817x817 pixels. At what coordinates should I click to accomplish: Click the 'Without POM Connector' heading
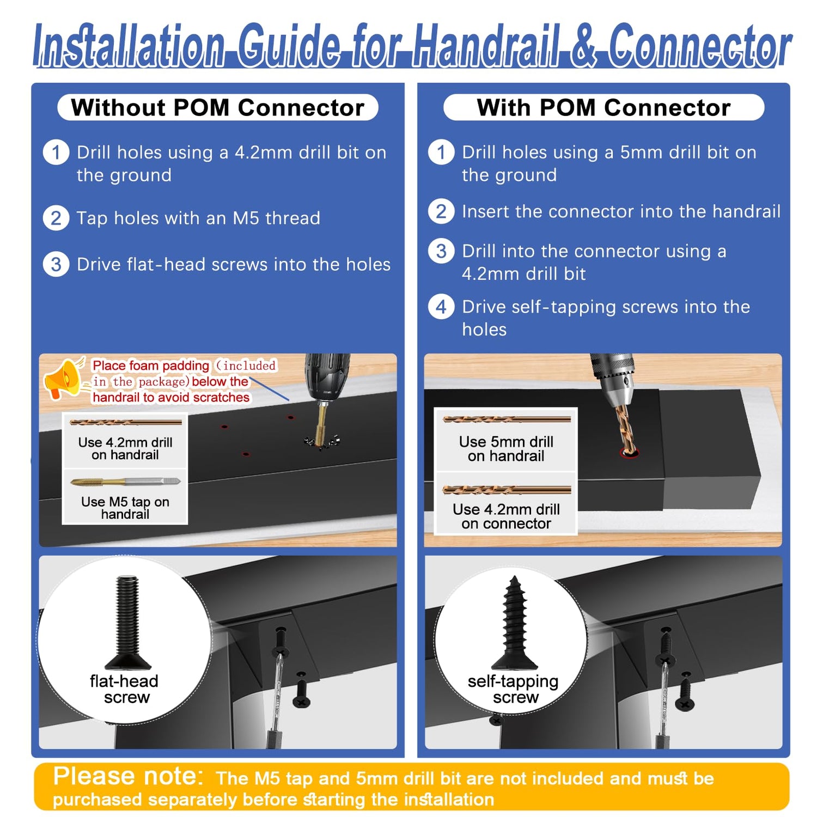click(217, 108)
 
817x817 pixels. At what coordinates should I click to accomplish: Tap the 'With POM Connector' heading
click(603, 108)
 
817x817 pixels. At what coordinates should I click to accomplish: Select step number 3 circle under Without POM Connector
click(56, 265)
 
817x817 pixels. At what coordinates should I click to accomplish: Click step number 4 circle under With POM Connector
click(441, 307)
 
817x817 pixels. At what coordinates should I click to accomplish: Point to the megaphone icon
click(64, 378)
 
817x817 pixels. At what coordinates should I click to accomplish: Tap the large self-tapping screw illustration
click(514, 623)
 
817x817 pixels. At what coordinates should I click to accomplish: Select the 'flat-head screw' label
click(125, 689)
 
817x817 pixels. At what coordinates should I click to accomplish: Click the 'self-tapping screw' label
click(514, 689)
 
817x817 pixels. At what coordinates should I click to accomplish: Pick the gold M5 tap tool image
click(126, 481)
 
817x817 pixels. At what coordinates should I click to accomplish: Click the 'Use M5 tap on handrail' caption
click(125, 508)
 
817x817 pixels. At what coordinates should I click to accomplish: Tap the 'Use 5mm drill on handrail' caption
click(506, 449)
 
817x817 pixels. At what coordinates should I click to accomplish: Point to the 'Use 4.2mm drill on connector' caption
click(506, 516)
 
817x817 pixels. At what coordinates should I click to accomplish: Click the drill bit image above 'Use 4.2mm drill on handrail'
click(126, 422)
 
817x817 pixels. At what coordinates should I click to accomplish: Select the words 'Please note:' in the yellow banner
click(129, 776)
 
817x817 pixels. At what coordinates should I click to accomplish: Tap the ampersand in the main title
click(584, 46)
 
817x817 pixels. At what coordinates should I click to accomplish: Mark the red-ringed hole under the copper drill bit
click(629, 453)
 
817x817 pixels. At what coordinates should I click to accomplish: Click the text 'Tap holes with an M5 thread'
click(198, 218)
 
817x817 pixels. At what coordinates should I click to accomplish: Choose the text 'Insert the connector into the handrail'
click(621, 211)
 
